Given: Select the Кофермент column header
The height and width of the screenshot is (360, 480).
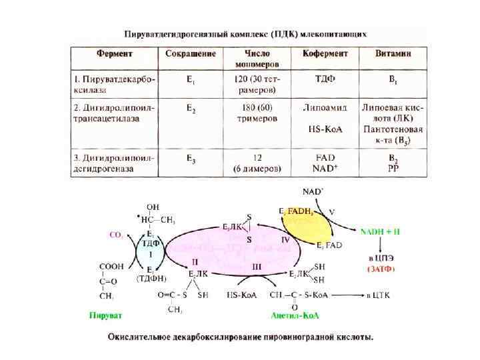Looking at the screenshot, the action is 324,53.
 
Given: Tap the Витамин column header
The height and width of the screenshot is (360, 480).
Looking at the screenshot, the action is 391,53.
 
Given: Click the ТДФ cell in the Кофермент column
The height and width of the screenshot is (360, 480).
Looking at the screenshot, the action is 324,79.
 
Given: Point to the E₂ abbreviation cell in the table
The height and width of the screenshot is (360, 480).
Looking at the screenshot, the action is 191,107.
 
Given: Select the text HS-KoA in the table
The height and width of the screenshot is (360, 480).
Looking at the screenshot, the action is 324,128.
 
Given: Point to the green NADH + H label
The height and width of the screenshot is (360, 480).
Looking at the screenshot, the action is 380,231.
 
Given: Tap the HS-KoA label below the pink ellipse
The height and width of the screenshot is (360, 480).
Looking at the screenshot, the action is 243,293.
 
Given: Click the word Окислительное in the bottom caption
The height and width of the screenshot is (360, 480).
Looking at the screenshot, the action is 143,337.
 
